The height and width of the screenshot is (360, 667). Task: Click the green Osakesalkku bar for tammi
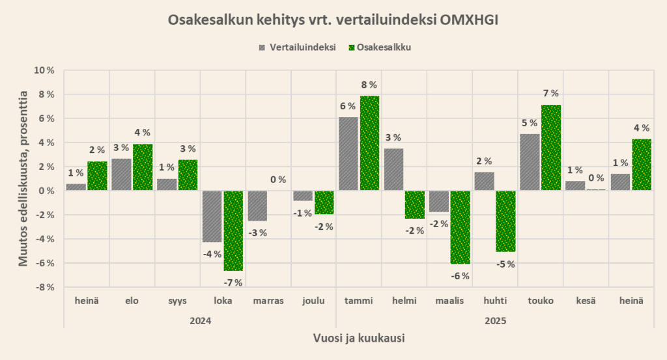(369, 143)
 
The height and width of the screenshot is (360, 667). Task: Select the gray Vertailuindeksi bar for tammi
(348, 154)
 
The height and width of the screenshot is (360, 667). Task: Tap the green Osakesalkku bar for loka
(233, 230)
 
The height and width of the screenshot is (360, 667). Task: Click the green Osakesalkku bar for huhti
(505, 221)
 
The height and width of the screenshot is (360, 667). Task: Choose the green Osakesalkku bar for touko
(551, 148)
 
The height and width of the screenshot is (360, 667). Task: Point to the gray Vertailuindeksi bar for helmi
(393, 169)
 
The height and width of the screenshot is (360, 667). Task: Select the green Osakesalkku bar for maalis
(461, 227)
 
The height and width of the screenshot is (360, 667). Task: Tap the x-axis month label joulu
(313, 301)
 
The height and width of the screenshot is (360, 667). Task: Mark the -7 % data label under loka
(233, 282)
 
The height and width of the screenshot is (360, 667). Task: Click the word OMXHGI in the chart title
(468, 20)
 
